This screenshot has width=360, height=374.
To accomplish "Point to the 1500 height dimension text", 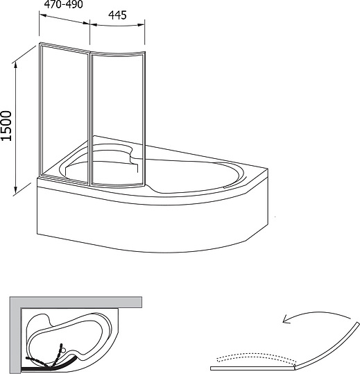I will pos(8,127).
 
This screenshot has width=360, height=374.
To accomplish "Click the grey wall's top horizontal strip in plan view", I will pos(76,301).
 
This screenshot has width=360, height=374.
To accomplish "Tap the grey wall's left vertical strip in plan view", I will pos(14,333).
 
